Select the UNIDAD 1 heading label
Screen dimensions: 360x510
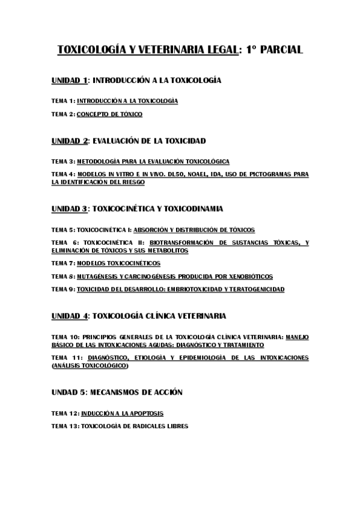click(x=70, y=79)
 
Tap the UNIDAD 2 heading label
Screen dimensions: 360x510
click(x=70, y=141)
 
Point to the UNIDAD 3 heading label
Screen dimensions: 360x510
click(x=70, y=209)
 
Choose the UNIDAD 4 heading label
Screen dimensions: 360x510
click(x=70, y=315)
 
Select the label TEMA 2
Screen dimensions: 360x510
click(x=63, y=114)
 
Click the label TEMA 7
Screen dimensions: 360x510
click(x=63, y=263)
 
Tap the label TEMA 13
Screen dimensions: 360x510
click(x=65, y=426)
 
